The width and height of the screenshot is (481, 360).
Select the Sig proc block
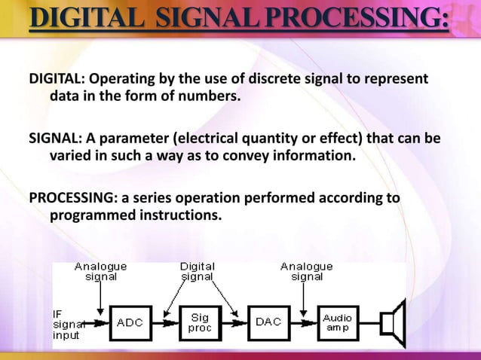200,322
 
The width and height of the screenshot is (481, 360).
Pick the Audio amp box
338,322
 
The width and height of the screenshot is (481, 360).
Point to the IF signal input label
68,323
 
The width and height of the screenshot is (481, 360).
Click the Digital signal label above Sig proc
197,271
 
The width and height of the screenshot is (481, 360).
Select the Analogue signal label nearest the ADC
100,271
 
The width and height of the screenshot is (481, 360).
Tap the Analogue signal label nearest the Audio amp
306,271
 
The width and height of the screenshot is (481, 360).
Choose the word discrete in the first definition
270,80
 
